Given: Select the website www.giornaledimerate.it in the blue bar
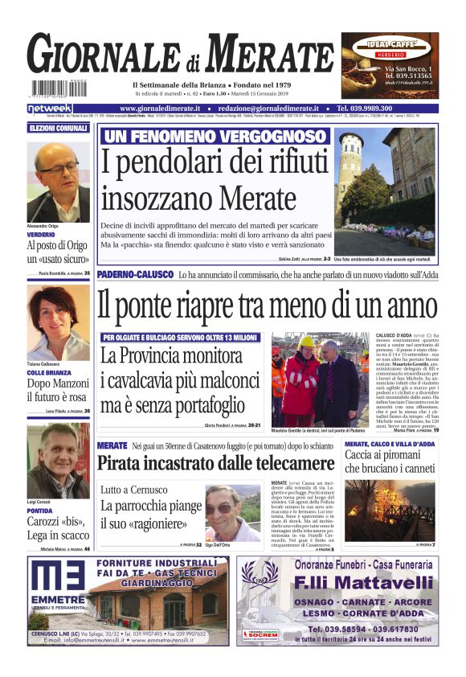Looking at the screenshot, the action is pyautogui.click(x=161, y=109).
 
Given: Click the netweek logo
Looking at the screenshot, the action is pyautogui.click(x=50, y=109).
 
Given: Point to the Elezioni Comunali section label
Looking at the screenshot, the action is pyautogui.click(x=58, y=129).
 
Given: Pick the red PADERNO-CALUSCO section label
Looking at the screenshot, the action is pyautogui.click(x=134, y=275).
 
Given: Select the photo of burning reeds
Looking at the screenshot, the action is pyautogui.click(x=390, y=511).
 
